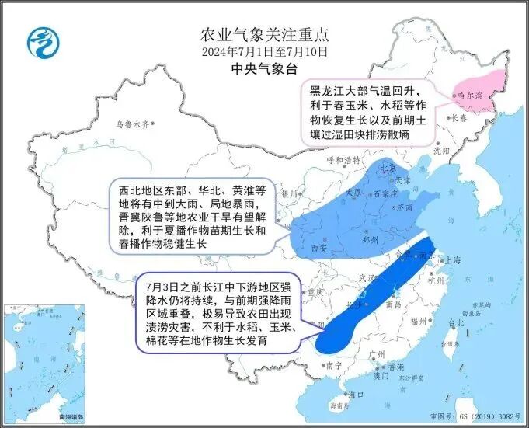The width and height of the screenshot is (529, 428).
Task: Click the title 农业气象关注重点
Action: (x=264, y=35)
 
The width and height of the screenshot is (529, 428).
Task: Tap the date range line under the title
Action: (x=264, y=52)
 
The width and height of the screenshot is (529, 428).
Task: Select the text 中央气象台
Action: (x=264, y=69)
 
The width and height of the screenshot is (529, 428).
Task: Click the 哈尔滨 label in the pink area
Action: (x=469, y=96)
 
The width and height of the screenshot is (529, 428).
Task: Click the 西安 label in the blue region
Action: (x=318, y=247)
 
